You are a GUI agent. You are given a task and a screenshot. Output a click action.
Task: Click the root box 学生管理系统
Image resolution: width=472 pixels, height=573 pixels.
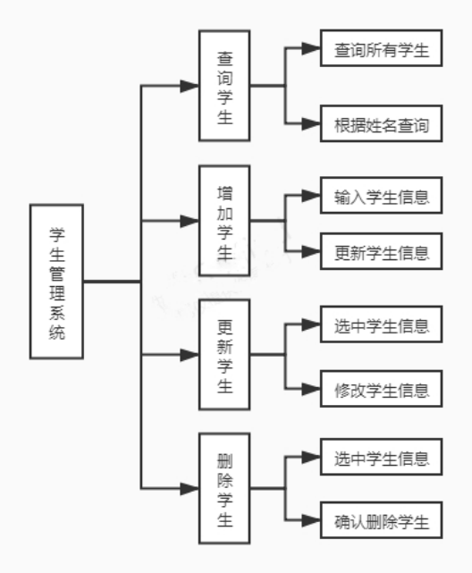tap(56, 282)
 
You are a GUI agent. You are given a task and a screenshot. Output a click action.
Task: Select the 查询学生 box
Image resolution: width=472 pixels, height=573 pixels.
tap(224, 86)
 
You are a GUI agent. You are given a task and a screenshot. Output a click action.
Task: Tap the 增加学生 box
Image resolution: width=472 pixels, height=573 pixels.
tap(224, 220)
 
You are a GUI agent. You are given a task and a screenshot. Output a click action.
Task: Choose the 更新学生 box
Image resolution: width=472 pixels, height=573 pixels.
tap(224, 354)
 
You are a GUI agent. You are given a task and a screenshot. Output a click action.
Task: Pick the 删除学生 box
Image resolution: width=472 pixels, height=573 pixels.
tap(224, 488)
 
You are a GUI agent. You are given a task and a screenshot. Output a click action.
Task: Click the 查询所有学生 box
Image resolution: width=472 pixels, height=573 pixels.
tap(381, 51)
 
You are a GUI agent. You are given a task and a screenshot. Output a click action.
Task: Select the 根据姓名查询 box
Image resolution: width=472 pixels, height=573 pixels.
tap(381, 126)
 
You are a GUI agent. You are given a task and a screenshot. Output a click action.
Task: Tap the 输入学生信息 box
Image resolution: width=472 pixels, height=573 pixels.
tap(381, 197)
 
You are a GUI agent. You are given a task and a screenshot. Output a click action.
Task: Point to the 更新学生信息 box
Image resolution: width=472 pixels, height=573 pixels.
tap(381, 251)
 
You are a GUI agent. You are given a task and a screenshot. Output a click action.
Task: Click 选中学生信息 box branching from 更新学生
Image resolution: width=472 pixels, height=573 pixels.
tap(381, 324)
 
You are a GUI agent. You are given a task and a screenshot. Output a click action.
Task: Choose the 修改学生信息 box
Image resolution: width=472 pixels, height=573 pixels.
tap(381, 390)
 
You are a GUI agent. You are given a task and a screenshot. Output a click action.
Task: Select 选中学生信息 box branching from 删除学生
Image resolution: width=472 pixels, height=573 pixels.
tap(381, 459)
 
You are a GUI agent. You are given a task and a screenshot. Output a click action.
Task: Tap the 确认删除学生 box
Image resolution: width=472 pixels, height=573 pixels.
tap(381, 521)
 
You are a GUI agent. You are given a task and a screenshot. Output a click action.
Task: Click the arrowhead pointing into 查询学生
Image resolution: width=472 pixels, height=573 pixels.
tap(190, 86)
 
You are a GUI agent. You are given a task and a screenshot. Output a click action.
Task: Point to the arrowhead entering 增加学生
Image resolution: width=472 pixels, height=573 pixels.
tap(190, 220)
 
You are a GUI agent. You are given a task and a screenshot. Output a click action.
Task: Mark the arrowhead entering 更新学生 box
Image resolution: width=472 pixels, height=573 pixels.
tap(190, 354)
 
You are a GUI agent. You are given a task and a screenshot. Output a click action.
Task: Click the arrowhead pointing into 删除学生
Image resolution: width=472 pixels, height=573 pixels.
tap(190, 488)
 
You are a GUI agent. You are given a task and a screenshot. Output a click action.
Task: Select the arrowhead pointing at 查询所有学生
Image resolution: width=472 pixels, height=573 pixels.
tap(311, 51)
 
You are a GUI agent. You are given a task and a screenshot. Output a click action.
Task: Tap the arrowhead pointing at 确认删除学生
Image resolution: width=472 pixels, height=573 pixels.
tap(311, 521)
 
